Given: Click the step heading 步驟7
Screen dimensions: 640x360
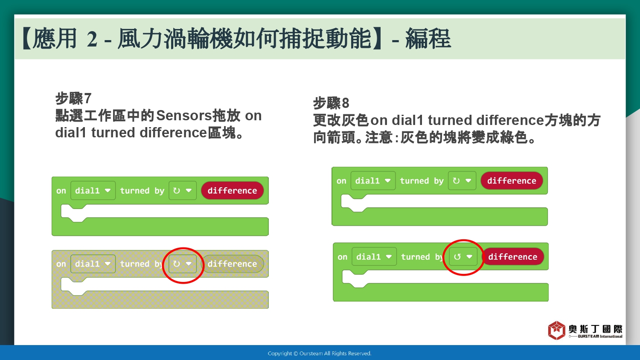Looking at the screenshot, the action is pos(73,99).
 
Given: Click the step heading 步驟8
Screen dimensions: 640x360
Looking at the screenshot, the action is pos(331,103).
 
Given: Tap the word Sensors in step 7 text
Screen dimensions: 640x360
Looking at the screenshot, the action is pos(184,116).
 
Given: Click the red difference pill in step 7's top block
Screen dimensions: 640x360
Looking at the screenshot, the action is pos(232,191).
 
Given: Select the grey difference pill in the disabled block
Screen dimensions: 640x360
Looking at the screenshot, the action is pos(232,264).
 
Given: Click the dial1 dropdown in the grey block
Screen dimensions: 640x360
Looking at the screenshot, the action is pos(93,264).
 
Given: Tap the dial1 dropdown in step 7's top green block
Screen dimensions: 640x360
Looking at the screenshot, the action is pos(93,191).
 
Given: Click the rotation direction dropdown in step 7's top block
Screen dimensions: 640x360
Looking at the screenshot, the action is pos(183,191).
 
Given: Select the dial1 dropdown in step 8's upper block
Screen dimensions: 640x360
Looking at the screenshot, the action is pos(373,180).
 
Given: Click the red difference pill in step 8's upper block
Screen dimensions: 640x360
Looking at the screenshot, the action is pos(512,180).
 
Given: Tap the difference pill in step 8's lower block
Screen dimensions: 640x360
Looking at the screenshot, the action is pos(512,257).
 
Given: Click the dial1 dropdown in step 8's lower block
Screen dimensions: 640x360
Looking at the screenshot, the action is pos(374,257).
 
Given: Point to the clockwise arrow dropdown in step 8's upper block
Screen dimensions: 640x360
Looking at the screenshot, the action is pos(462,180).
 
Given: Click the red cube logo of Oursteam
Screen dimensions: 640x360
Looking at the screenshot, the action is pos(556,330).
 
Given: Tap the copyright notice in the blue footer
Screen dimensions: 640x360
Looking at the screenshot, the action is pos(320,354).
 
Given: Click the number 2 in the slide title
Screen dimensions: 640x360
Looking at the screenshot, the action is pos(92,39).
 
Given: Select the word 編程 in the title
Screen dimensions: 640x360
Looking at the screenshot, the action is pos(428,38).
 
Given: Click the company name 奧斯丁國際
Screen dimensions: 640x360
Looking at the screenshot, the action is pos(595,329).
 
